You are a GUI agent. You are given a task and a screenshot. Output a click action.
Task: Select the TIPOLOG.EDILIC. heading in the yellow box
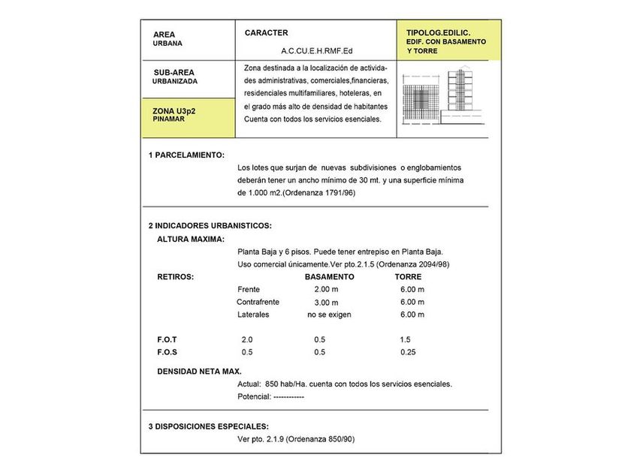tap(438, 34)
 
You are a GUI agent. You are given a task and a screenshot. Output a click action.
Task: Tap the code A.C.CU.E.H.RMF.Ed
tap(316, 51)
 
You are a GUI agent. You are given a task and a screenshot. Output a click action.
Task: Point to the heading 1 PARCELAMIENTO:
tap(186, 155)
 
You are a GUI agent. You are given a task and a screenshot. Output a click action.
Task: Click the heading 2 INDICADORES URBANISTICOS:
tap(210, 225)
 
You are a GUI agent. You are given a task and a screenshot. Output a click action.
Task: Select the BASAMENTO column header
tap(329, 277)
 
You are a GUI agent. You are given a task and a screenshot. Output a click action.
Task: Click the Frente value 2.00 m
tap(326, 290)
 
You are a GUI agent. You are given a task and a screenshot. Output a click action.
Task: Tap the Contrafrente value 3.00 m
tap(326, 303)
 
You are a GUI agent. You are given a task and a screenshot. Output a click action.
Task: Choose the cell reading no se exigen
tap(329, 315)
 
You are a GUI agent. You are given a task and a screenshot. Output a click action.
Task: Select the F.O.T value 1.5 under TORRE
tap(406, 339)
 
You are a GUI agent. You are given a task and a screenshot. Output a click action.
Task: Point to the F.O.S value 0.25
tap(408, 352)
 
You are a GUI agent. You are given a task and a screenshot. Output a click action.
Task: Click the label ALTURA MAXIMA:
tap(191, 239)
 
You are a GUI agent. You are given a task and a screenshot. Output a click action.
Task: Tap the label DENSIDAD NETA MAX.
tap(199, 372)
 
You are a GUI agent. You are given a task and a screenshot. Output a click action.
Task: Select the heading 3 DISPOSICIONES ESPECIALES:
tap(208, 426)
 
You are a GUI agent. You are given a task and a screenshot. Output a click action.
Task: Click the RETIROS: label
tap(175, 277)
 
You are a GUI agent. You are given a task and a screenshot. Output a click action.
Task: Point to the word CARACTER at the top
tap(266, 33)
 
